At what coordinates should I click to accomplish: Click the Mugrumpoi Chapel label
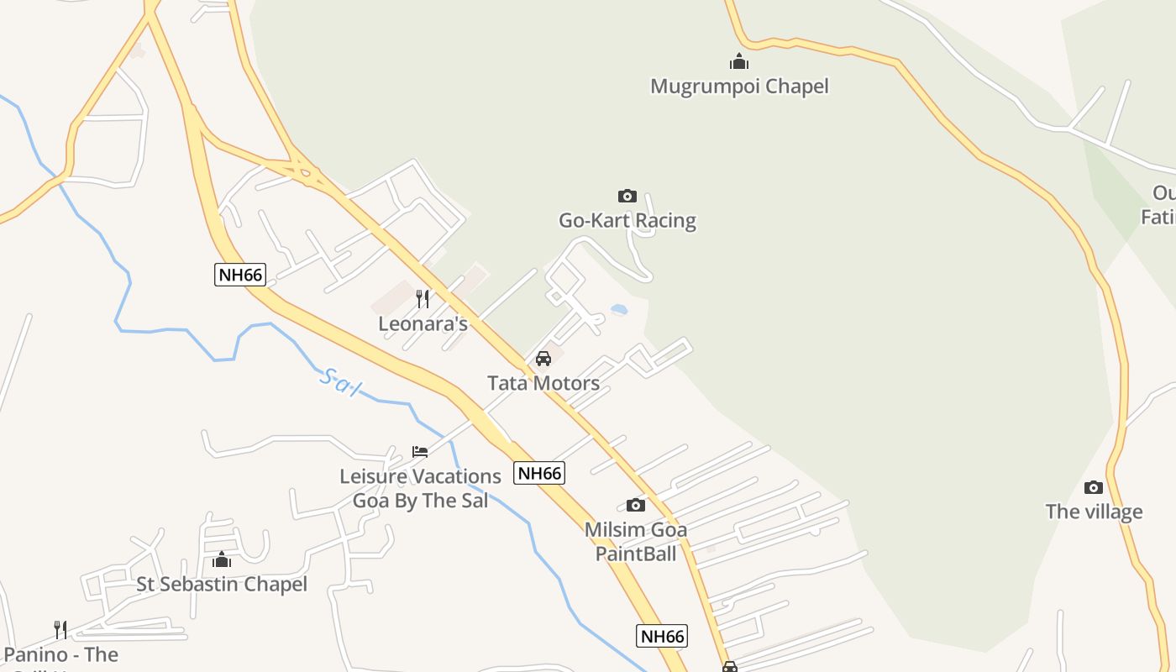tap(739, 87)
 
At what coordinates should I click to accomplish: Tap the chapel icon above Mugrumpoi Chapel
tap(739, 61)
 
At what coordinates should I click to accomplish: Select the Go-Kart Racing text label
tap(627, 221)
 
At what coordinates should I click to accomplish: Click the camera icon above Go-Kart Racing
tap(627, 196)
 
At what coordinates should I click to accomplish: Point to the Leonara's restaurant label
tap(423, 323)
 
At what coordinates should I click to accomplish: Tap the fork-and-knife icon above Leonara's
tap(423, 299)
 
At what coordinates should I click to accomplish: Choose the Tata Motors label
tap(543, 383)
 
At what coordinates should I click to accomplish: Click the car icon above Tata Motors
tap(543, 359)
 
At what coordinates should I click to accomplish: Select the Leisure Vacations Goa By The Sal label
tap(420, 488)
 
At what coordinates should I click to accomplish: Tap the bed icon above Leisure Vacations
tap(420, 452)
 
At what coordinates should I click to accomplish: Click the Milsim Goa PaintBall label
tap(636, 541)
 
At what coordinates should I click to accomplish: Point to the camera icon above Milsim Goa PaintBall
tap(636, 505)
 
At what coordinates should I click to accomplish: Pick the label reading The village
tap(1094, 512)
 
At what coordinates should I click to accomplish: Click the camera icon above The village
tap(1093, 487)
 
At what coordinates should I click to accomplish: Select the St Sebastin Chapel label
tap(222, 584)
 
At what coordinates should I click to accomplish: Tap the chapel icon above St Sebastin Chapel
tap(222, 559)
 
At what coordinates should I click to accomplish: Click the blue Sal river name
tap(340, 383)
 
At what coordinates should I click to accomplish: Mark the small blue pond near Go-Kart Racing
tap(619, 310)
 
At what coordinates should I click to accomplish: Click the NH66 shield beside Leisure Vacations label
tap(539, 473)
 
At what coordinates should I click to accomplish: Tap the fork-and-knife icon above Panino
tap(60, 629)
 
